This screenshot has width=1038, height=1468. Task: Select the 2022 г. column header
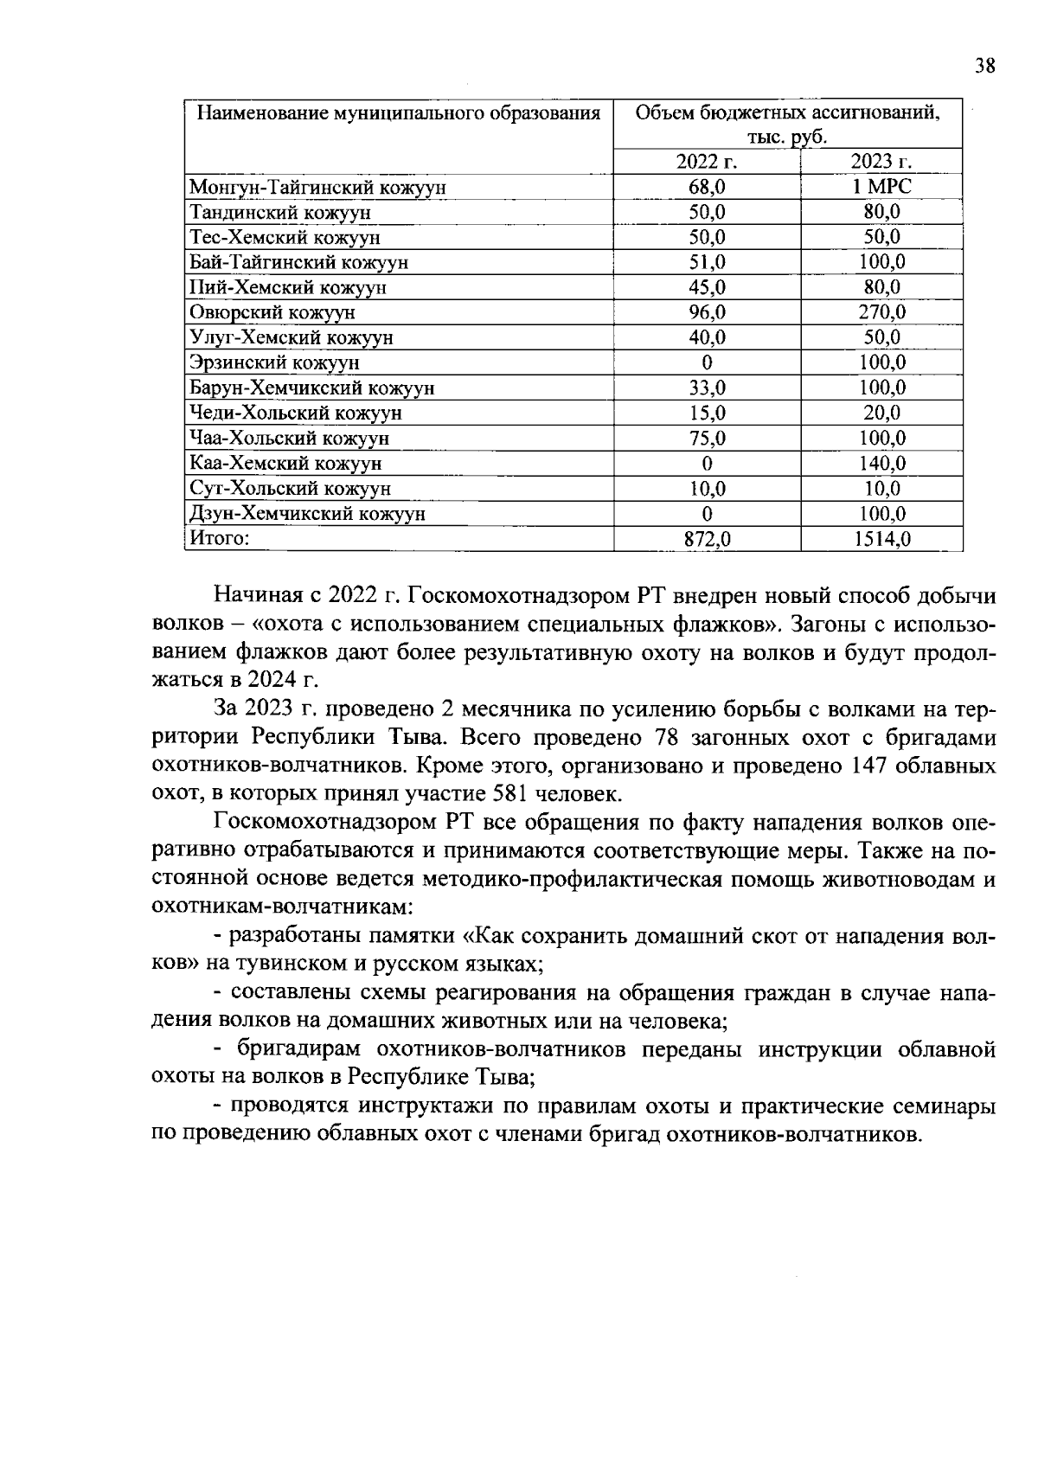click(x=706, y=162)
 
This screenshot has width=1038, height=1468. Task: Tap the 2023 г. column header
click(x=881, y=162)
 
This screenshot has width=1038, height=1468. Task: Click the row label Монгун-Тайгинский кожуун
click(x=317, y=187)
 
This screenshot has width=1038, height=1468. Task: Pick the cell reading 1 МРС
click(x=881, y=187)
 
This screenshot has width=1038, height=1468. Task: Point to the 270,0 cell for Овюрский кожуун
click(x=881, y=312)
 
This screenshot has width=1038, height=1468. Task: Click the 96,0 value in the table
click(x=707, y=312)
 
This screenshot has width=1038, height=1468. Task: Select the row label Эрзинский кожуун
click(x=275, y=362)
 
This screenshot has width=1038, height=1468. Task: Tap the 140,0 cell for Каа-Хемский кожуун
click(x=881, y=464)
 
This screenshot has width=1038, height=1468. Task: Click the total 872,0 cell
click(x=707, y=540)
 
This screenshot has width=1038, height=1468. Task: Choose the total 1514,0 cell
click(x=881, y=540)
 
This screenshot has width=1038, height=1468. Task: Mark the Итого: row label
click(x=220, y=539)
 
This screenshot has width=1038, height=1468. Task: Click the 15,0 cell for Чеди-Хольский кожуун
click(x=707, y=413)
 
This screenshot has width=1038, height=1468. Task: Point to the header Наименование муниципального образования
click(x=399, y=114)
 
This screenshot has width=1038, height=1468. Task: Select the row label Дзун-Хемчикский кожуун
click(x=307, y=514)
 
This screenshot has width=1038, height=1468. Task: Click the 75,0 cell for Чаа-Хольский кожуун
click(x=707, y=439)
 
